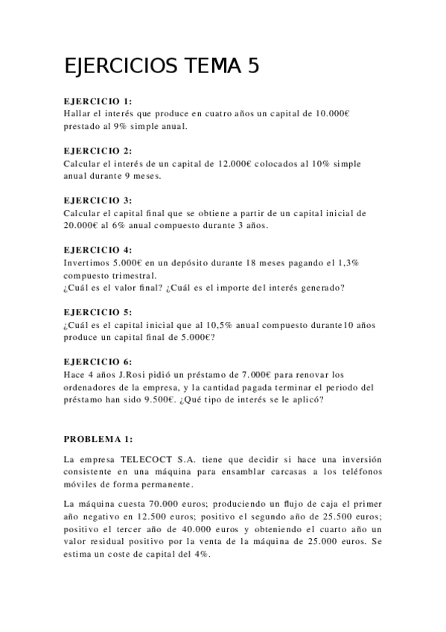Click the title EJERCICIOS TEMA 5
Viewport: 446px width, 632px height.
pos(162,66)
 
